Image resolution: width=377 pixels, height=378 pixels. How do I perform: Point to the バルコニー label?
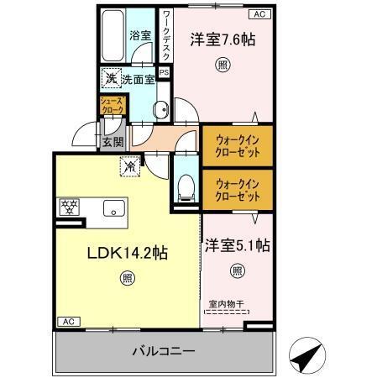[164, 350]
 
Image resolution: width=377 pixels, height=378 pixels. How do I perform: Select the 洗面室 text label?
[138, 80]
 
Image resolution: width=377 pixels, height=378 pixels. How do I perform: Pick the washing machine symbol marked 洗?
[111, 80]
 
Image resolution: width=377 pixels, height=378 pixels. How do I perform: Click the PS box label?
[165, 72]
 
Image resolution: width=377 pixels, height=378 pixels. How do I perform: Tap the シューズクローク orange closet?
[113, 105]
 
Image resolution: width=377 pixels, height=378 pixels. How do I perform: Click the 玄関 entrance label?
[113, 141]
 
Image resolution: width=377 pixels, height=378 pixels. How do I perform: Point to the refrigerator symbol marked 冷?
[131, 166]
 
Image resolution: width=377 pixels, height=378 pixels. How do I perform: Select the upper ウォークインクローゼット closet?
[236, 144]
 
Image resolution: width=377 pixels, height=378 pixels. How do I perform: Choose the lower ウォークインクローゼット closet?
[236, 189]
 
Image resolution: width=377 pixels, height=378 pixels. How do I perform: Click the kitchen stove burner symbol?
[68, 207]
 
